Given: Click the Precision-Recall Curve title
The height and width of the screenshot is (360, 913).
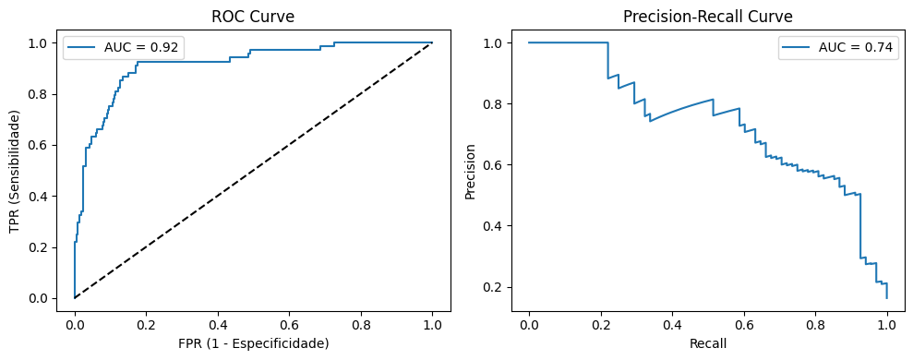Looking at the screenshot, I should tap(707, 16).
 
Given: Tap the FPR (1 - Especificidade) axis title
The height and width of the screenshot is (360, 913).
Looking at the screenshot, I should tap(253, 342).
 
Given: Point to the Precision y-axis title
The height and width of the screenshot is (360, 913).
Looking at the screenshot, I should tap(471, 170).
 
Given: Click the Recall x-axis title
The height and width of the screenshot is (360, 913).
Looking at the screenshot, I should tap(707, 342).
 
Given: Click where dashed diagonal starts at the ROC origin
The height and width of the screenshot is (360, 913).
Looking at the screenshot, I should tap(75, 298).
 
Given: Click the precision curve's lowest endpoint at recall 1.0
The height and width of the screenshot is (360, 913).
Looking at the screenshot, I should tap(887, 297).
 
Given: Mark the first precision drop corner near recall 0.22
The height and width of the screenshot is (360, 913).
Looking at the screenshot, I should tap(607, 42).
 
